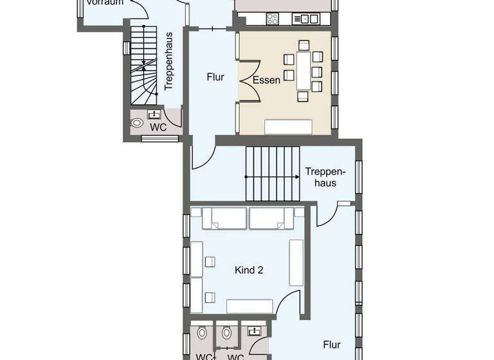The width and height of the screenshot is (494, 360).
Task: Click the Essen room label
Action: tap(266, 81)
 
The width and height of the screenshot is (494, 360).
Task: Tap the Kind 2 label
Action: tap(248, 271)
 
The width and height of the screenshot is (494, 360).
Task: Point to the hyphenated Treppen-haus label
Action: tap(325, 177)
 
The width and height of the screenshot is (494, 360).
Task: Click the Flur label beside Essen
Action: tap(215, 77)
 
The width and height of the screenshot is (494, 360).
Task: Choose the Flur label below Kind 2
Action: tap(332, 345)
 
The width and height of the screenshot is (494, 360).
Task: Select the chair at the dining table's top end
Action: tap(303, 45)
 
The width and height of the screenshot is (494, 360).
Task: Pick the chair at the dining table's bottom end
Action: tap(303, 97)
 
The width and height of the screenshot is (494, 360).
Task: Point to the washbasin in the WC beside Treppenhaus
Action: tap(154, 114)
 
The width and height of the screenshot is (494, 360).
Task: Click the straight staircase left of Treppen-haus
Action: tap(273, 164)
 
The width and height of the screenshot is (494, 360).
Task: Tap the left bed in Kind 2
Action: tap(224, 219)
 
